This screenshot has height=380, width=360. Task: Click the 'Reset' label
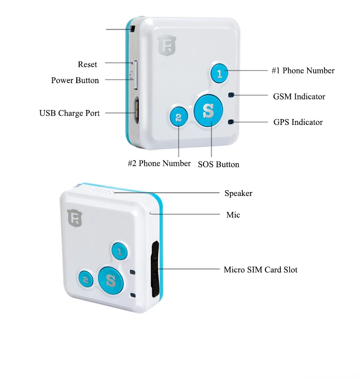(x=87, y=64)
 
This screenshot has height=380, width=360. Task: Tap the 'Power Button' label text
(x=75, y=80)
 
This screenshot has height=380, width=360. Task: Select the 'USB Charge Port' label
(x=70, y=113)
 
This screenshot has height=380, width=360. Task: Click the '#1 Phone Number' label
(x=303, y=71)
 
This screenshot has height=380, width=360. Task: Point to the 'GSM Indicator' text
(x=299, y=97)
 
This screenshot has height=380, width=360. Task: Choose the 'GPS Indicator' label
(x=298, y=122)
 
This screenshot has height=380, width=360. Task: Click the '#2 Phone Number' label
(x=159, y=163)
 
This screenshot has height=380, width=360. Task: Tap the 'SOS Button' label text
(x=218, y=164)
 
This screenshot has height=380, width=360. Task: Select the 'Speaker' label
(x=238, y=193)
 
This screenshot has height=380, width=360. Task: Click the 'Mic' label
(x=233, y=215)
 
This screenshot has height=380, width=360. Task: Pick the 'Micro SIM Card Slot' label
(x=260, y=270)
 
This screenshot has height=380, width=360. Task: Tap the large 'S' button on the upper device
(x=208, y=110)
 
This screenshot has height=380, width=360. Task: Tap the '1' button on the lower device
(x=120, y=251)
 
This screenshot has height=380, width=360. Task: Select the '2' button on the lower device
(x=85, y=279)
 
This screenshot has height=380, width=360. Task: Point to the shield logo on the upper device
(x=165, y=45)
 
